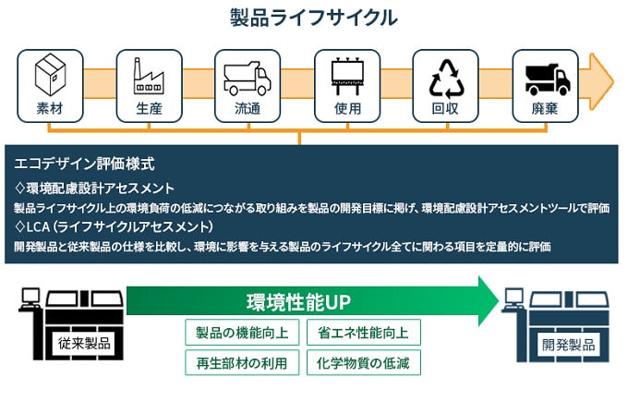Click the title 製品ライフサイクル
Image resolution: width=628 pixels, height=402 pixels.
coord(314,18)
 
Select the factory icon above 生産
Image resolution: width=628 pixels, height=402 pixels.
coord(148,75)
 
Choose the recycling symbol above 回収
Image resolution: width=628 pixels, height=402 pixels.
coord(445,77)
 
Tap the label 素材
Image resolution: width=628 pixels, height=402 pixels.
coord(49,108)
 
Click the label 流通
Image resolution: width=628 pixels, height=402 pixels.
coord(248,108)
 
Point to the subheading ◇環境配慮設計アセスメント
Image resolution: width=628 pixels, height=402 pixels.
coord(95,188)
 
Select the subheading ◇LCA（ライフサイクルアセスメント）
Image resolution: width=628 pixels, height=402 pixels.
coord(115,226)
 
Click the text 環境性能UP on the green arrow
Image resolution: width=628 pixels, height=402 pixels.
coord(297,301)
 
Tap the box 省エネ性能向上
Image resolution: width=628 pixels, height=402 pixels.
coord(363,333)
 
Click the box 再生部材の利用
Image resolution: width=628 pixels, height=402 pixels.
coord(242,361)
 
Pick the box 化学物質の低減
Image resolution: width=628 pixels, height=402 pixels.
coord(363,361)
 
